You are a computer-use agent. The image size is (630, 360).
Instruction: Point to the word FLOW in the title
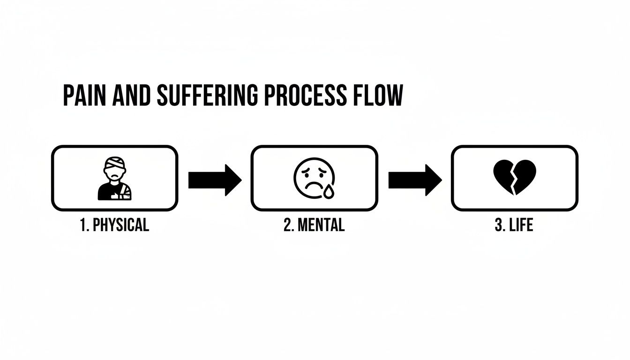[379, 96]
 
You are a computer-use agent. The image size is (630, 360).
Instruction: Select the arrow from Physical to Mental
[214, 180]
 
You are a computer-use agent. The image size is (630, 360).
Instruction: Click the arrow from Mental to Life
[414, 180]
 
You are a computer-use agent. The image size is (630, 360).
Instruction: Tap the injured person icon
[115, 179]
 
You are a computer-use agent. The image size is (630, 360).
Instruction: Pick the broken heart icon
[514, 178]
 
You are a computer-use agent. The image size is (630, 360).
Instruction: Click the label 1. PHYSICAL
[114, 225]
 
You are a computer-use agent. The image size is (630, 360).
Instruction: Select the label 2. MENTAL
[314, 225]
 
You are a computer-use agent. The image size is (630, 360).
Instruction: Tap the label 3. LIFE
[514, 225]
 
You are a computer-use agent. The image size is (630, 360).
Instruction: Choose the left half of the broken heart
[504, 176]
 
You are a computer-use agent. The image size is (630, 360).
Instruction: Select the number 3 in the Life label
[498, 225]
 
